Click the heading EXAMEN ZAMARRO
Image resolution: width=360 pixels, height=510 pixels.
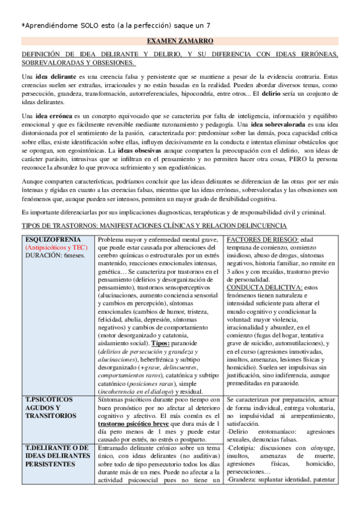coord(180,41)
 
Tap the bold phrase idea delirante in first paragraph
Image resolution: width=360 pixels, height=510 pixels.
coord(56,77)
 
